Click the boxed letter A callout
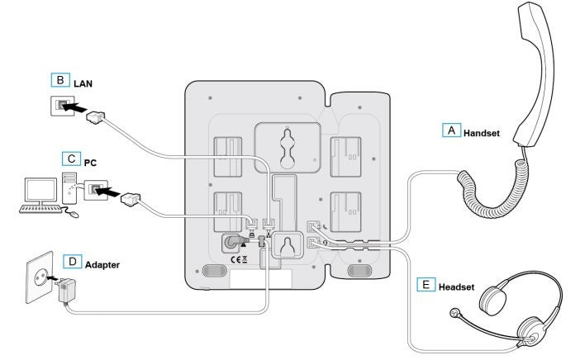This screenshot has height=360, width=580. (450, 130)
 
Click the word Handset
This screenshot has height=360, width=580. (482, 131)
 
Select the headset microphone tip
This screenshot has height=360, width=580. (454, 313)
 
